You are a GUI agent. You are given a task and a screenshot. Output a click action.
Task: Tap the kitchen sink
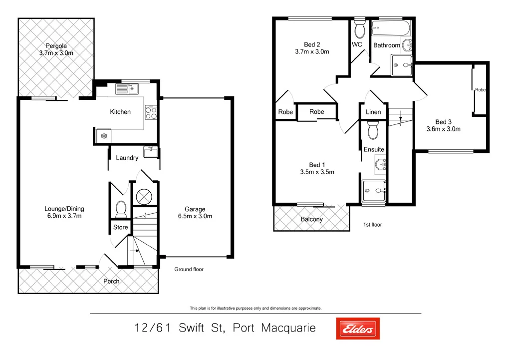126,89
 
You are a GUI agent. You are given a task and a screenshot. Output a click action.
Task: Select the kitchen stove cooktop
151,113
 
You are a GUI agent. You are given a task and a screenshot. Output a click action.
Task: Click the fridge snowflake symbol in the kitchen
104,136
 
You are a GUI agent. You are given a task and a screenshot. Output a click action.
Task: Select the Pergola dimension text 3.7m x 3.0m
56,53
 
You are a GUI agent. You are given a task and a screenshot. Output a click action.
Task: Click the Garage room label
195,209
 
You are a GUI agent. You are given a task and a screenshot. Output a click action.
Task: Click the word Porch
111,281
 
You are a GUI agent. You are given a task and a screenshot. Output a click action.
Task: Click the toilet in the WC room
359,29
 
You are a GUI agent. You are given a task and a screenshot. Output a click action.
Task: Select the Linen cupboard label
373,112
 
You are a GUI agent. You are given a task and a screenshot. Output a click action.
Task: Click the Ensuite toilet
373,131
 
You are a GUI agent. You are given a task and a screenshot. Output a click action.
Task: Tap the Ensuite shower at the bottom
374,190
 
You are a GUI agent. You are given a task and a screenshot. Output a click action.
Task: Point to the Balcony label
311,219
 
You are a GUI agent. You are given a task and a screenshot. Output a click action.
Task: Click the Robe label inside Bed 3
480,90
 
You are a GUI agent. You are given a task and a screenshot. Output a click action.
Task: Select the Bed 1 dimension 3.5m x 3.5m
317,172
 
